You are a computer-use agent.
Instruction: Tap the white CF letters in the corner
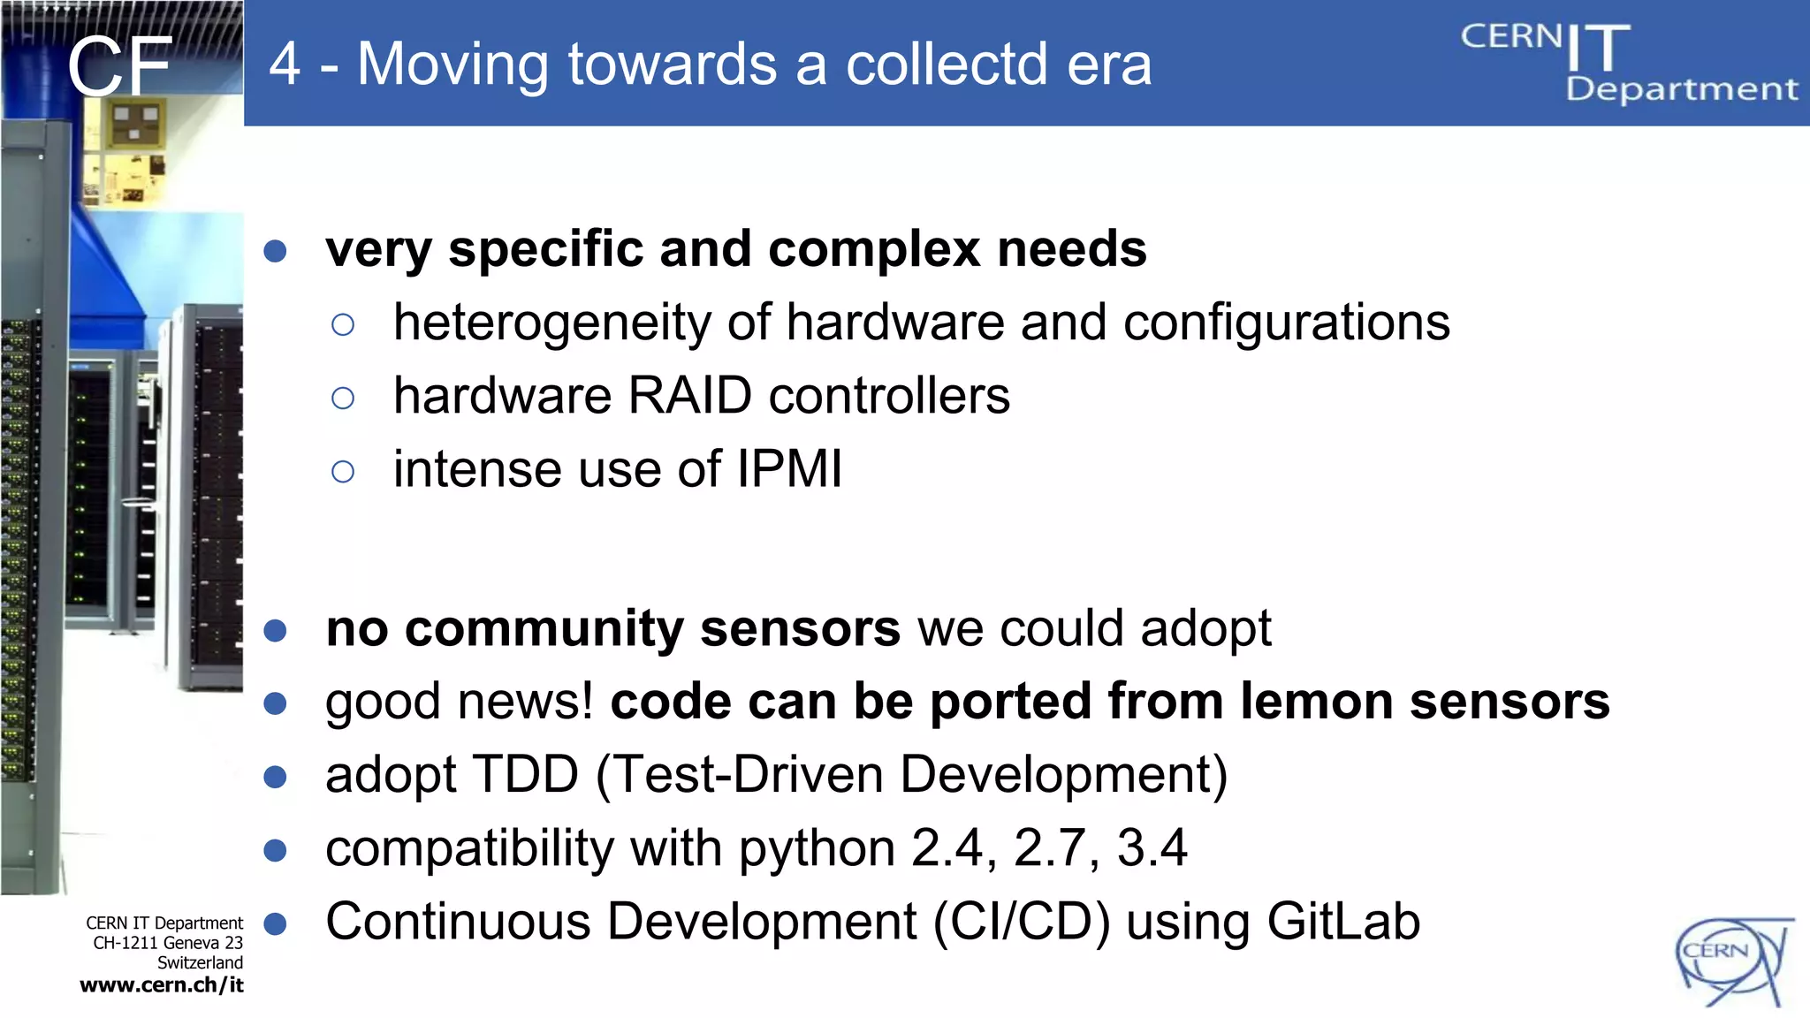click(119, 67)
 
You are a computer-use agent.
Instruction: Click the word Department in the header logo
click(1681, 89)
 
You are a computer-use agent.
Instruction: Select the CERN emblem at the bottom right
click(1732, 961)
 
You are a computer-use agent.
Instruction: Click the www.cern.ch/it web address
click(162, 985)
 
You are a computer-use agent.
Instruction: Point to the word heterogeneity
click(551, 323)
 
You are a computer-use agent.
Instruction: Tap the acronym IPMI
click(789, 468)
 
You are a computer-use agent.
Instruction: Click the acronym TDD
click(526, 775)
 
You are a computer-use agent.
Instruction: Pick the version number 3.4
click(1152, 848)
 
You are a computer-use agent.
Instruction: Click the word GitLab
click(1342, 922)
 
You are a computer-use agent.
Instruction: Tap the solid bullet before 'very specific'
click(276, 251)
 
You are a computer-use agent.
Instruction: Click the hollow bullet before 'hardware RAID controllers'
click(343, 399)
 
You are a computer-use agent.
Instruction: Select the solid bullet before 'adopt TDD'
click(276, 777)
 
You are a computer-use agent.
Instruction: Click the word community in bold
click(544, 629)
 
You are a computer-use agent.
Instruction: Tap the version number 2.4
click(947, 848)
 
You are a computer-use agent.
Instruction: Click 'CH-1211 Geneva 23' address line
click(167, 943)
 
